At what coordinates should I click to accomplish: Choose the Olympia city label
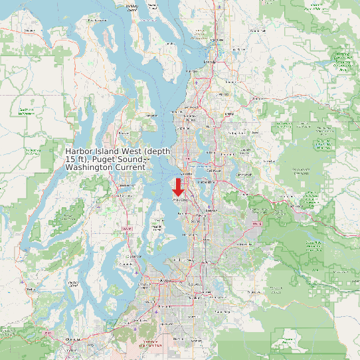(72, 340)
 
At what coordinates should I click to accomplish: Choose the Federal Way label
(188, 254)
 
